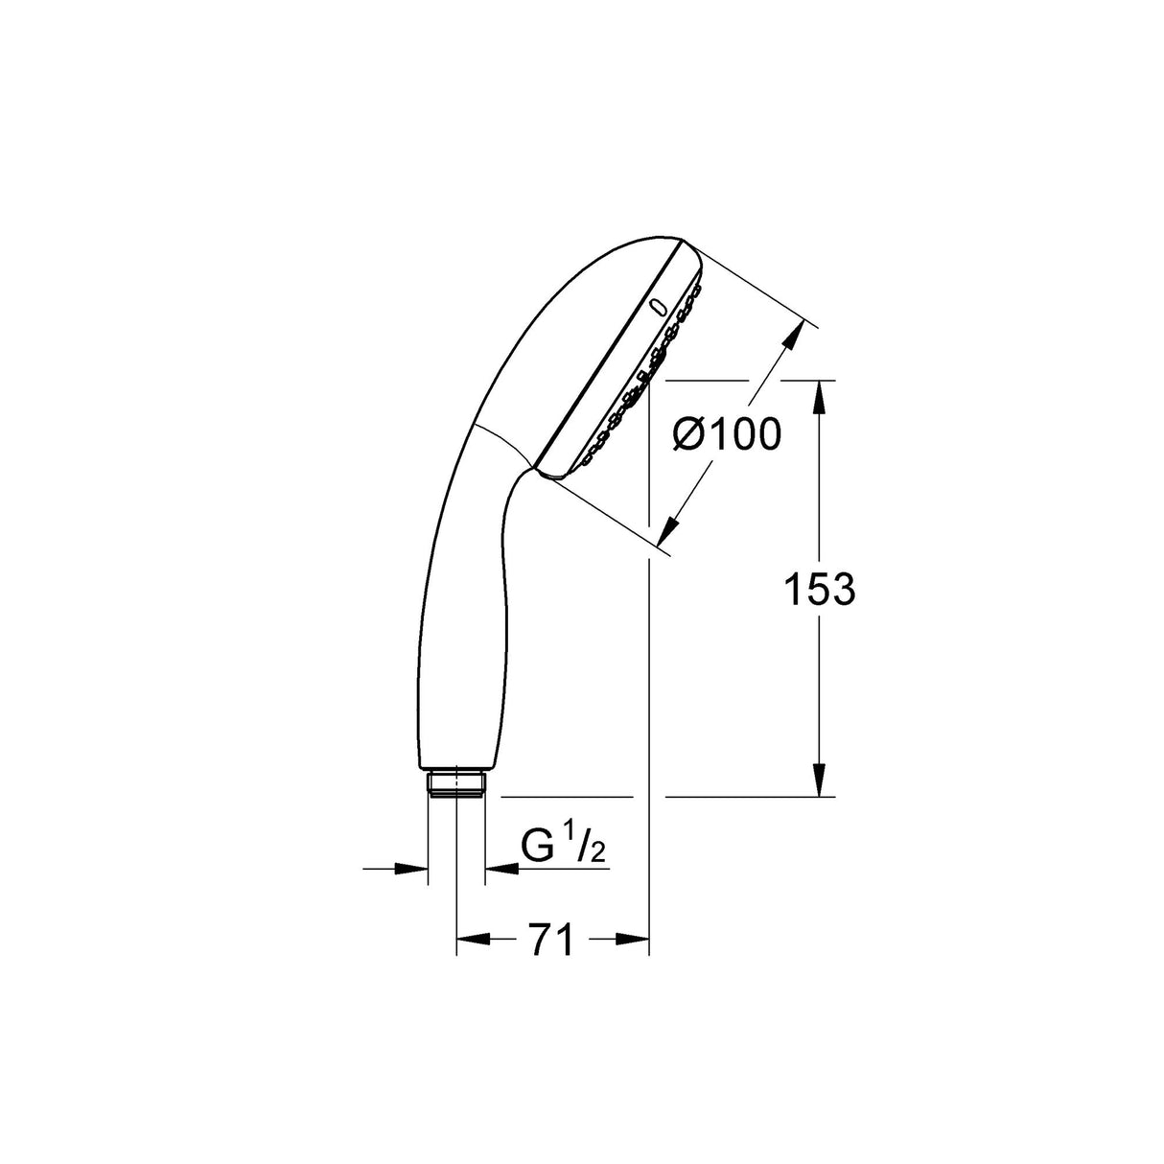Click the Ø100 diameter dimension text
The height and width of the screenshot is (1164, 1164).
726,435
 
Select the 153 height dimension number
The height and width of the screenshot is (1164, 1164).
818,590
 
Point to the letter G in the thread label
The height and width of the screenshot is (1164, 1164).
538,847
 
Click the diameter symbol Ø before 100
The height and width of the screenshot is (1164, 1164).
690,436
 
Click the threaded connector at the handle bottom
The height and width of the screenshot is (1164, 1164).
456,782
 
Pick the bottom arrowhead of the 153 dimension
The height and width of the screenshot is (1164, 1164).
818,780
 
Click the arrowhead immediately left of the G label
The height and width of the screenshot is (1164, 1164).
501,869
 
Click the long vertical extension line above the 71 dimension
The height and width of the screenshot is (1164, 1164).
649,671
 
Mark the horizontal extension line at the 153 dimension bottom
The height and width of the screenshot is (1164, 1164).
748,797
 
